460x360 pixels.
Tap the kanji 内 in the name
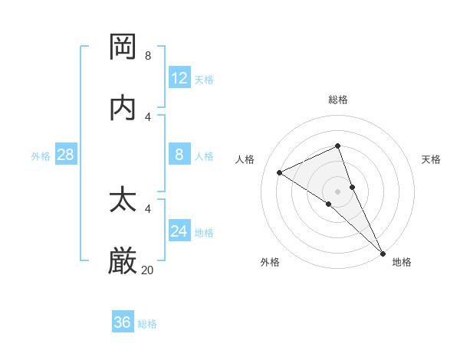123,107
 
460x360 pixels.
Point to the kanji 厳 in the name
123,260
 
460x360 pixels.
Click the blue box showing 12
179,77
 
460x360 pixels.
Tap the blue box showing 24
179,231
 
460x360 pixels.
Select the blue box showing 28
66,155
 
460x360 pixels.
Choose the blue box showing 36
123,322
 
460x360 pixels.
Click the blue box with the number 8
179,155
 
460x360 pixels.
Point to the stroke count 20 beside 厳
147,270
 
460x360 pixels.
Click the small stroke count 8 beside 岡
148,55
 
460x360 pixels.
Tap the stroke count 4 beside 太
148,208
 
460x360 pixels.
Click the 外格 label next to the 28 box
41,156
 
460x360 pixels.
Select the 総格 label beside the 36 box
147,324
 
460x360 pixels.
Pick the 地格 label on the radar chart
402,262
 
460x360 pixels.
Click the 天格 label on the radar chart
432,159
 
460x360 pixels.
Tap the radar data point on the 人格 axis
280,172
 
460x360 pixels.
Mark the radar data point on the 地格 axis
383,253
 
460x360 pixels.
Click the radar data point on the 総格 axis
337,146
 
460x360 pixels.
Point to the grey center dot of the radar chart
337,191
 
